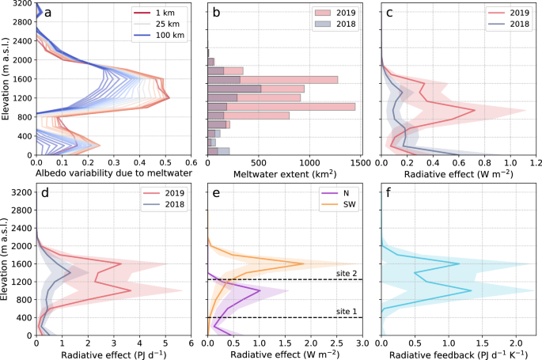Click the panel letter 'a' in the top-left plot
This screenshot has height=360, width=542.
(x=48, y=13)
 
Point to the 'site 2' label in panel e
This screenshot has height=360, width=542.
(x=345, y=272)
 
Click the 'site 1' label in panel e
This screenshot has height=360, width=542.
(x=345, y=310)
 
